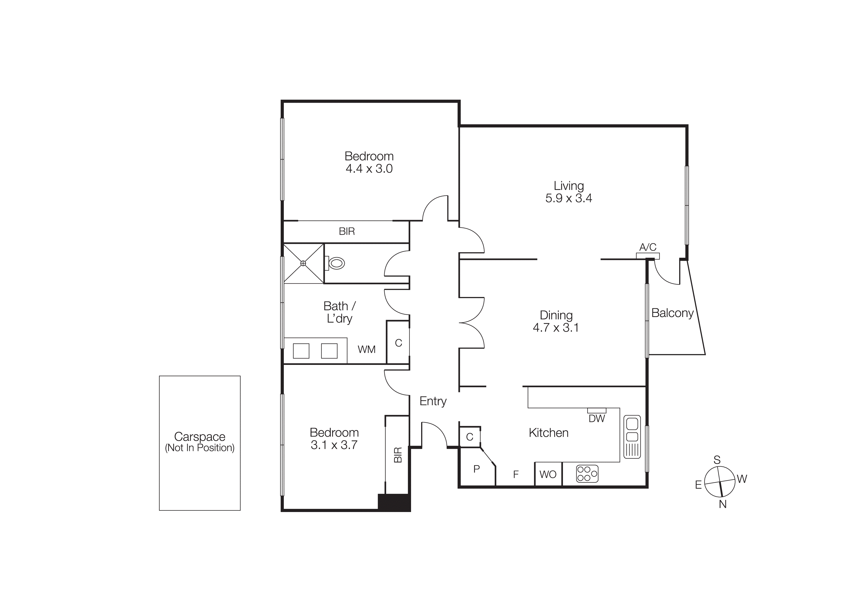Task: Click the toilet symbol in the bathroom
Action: tap(336, 263)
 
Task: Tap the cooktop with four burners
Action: tap(587, 474)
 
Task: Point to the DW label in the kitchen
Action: tap(596, 418)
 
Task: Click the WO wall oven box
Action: tap(548, 474)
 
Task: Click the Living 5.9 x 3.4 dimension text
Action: tap(569, 198)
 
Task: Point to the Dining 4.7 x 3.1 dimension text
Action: tap(556, 327)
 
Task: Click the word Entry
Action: tap(433, 401)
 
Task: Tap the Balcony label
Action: tap(672, 313)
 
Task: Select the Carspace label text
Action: tap(200, 437)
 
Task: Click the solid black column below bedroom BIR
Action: tap(394, 502)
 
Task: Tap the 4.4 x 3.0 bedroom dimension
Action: tap(369, 169)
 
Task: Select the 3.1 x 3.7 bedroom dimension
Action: tap(334, 445)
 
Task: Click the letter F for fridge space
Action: tap(516, 474)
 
